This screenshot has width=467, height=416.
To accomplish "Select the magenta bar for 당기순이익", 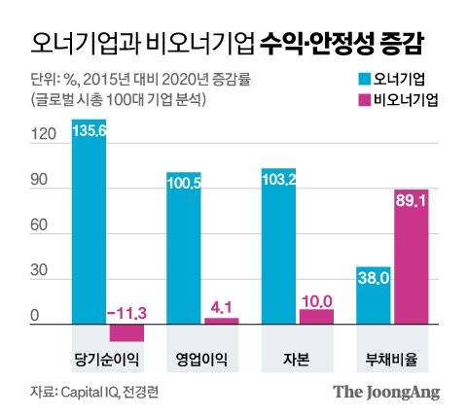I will click(x=126, y=332).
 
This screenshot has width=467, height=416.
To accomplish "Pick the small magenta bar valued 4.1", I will click(x=221, y=320).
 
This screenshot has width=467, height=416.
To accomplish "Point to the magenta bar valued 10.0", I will click(x=316, y=316).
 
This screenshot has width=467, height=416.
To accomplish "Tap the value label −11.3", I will click(x=127, y=312).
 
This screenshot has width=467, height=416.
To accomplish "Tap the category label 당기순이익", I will click(x=107, y=359).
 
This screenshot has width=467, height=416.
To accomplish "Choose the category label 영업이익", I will click(x=202, y=359).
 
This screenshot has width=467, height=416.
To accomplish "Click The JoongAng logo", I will click(x=387, y=393).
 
